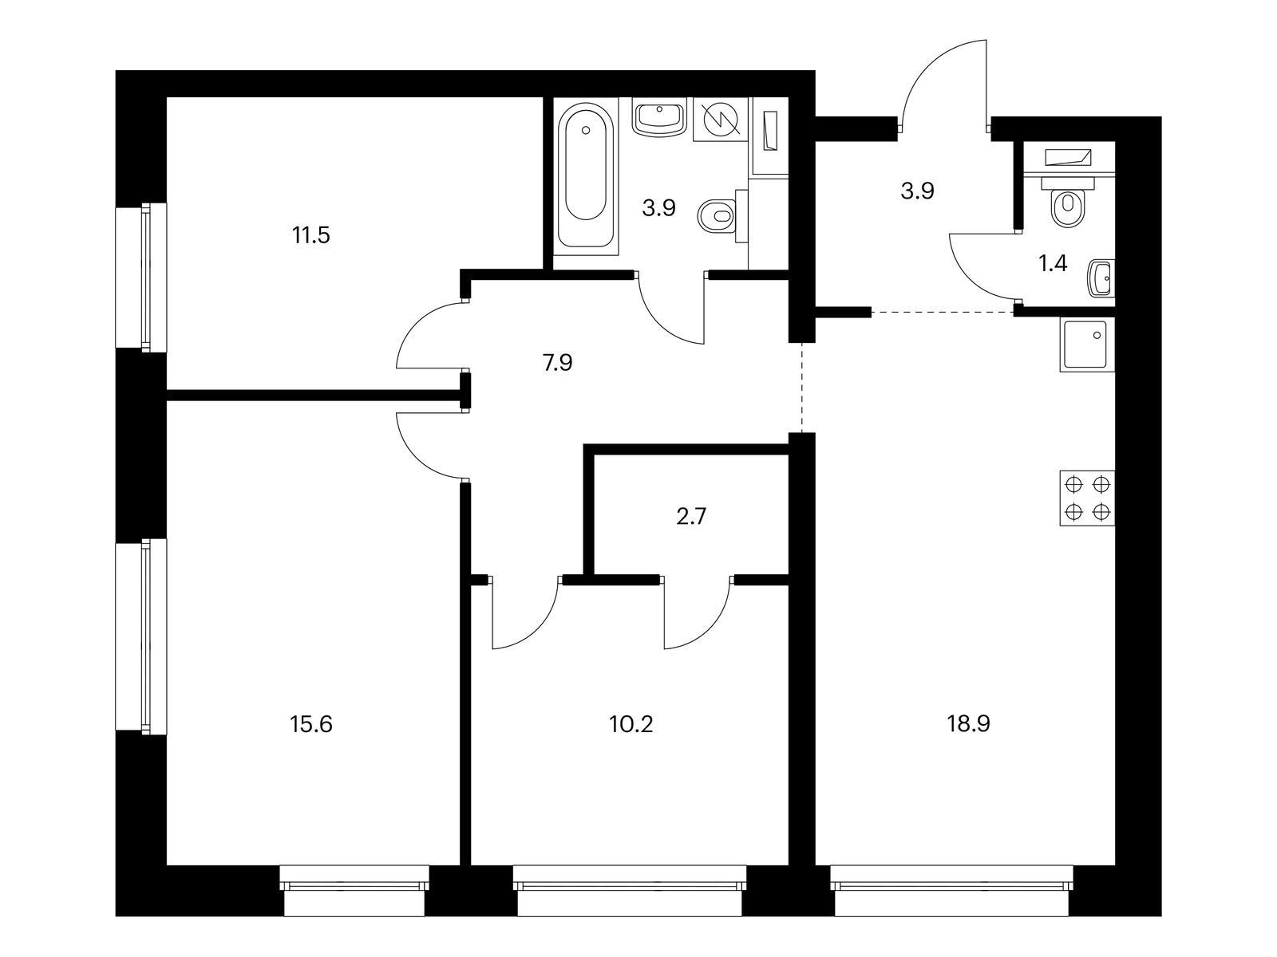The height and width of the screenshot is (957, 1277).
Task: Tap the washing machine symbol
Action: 721,120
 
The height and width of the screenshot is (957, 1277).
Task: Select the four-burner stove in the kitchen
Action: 1087,498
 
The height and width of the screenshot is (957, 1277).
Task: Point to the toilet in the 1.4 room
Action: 1067,205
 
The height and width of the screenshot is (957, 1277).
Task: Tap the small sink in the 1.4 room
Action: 1102,279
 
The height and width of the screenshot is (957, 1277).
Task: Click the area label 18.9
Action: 970,725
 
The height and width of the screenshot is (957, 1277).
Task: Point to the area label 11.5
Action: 311,236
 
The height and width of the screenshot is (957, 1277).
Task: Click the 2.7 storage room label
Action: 690,517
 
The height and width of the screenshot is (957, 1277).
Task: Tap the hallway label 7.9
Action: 558,364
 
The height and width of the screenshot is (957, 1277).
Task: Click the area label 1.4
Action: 1053,264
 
